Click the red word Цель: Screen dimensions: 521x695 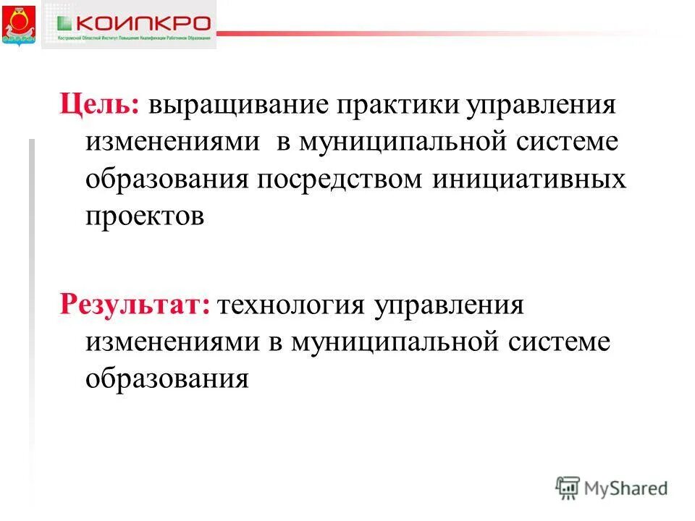click(99, 105)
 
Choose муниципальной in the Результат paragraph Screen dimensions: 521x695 click(394, 340)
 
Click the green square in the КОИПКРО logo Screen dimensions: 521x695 click(64, 22)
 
